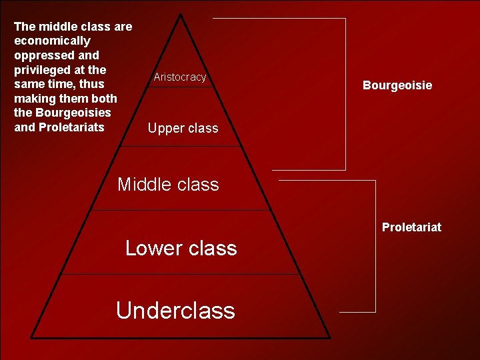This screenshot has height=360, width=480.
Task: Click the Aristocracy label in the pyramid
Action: coord(180,77)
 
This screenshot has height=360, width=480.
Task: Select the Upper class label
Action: coord(183,128)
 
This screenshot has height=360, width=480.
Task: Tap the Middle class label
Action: coord(168,184)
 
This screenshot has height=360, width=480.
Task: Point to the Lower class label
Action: coord(181,248)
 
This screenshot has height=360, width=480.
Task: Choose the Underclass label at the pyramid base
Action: coord(175,310)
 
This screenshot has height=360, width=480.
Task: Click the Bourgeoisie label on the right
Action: coord(397,85)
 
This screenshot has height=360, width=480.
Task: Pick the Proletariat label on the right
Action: coord(411,227)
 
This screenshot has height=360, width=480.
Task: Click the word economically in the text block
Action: coord(52,41)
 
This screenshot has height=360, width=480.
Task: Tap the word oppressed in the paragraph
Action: coord(41,55)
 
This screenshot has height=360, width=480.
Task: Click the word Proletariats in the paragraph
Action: coord(71,127)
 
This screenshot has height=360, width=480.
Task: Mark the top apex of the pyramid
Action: coord(181,14)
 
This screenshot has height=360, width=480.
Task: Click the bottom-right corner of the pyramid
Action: coord(329,337)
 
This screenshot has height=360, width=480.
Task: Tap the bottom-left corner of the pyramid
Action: coord(31,337)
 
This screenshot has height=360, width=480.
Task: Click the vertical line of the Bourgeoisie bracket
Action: coord(345,93)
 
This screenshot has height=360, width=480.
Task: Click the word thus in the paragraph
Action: coord(91,84)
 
